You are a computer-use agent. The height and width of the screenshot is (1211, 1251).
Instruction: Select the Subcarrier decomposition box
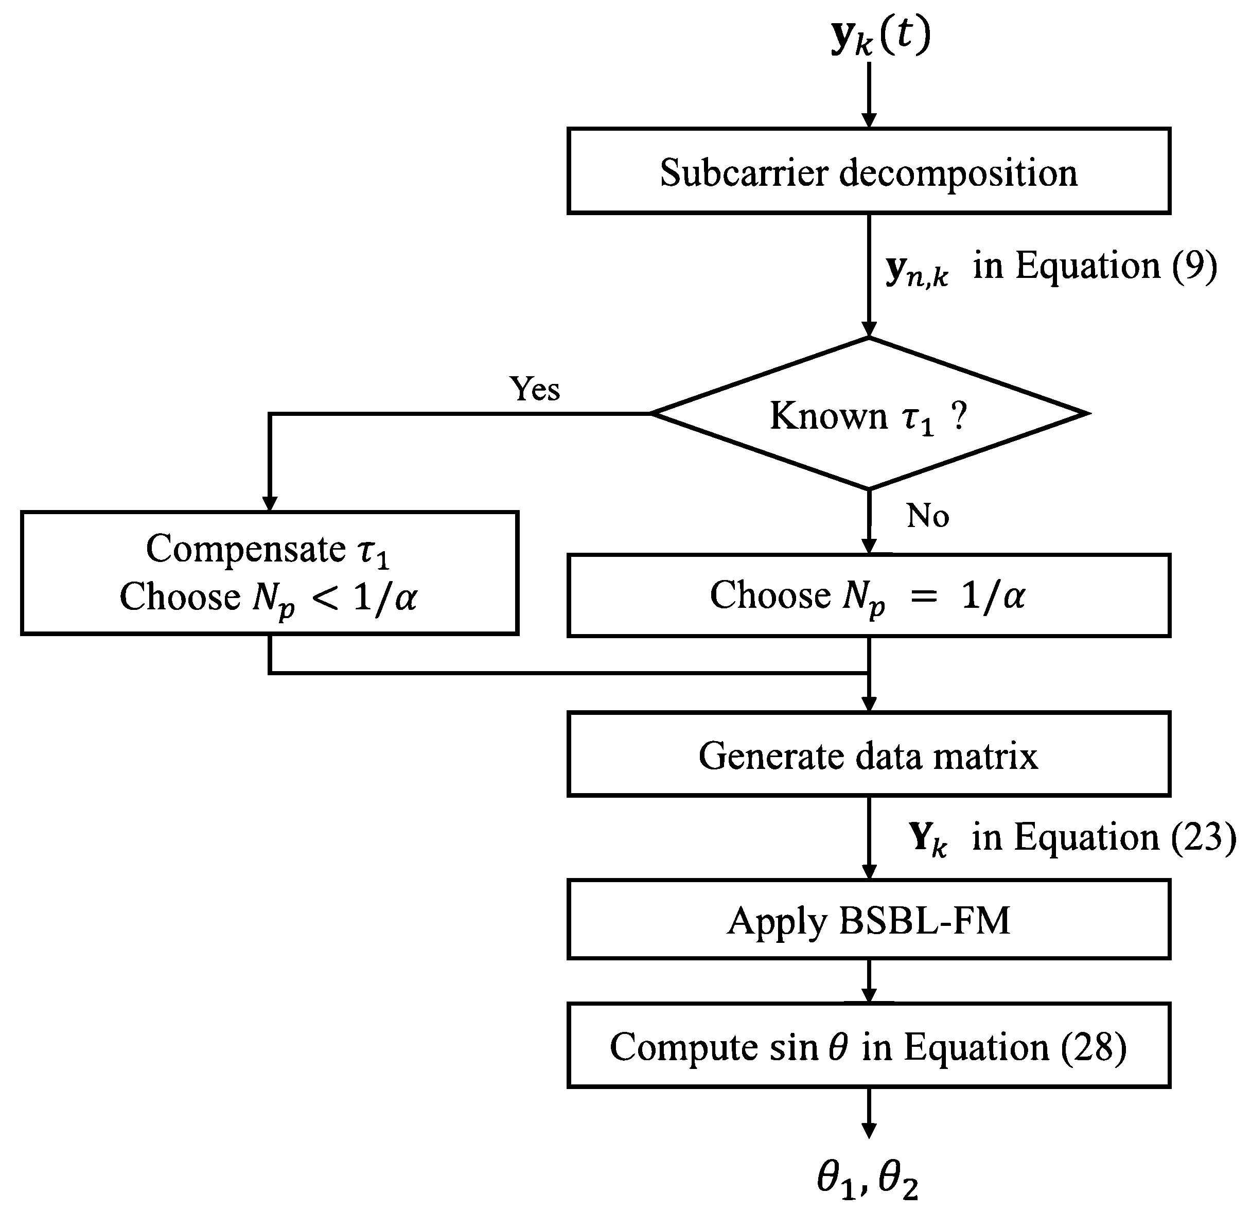[x=868, y=171]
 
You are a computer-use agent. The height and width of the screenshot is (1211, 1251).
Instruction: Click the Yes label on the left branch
[x=534, y=389]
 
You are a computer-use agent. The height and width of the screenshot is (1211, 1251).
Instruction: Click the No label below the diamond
[x=927, y=515]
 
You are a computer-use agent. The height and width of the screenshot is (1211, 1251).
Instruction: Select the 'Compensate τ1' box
[x=269, y=573]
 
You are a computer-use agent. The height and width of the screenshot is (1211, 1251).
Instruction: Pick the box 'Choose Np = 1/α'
[x=868, y=595]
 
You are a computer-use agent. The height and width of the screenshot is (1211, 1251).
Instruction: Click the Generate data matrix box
[x=868, y=754]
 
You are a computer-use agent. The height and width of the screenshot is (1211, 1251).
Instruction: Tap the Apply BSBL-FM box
[x=868, y=920]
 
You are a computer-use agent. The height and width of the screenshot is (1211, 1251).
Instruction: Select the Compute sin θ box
[x=868, y=1047]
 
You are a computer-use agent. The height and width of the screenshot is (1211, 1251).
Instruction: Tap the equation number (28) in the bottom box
[x=1093, y=1047]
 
